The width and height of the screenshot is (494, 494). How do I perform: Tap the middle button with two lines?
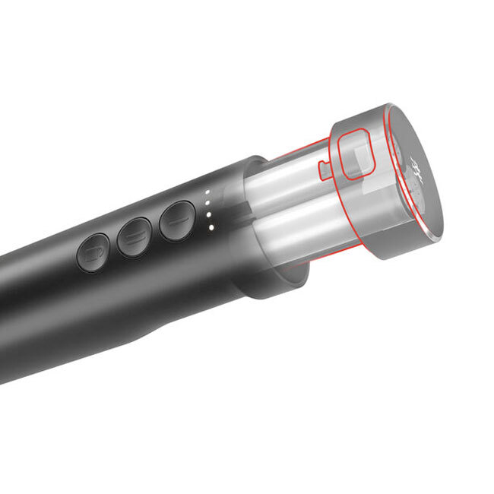pyautogui.click(x=135, y=236)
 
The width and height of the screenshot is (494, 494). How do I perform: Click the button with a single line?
pyautogui.click(x=178, y=220)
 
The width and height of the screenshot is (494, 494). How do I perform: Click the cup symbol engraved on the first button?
pyautogui.click(x=92, y=252)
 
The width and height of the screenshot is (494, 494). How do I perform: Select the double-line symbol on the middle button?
pyautogui.click(x=135, y=236)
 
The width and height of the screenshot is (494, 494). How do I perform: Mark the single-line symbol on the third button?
pyautogui.click(x=178, y=220)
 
